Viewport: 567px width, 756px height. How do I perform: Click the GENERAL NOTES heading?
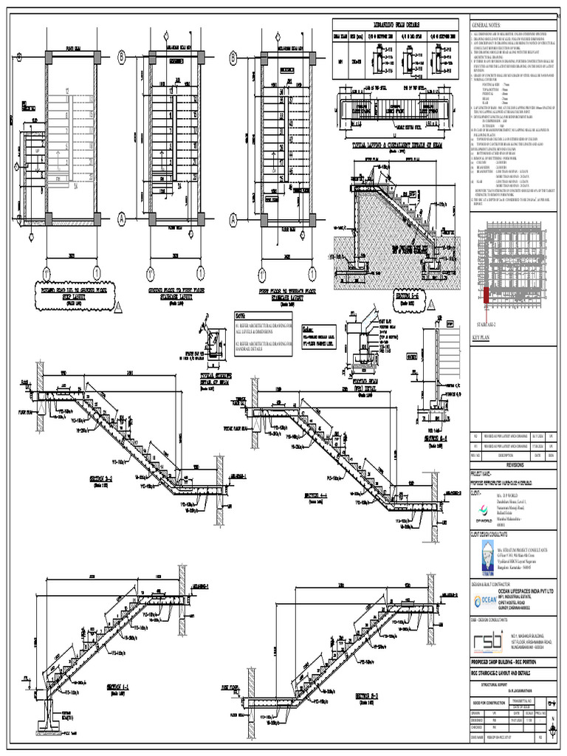[x=488, y=26]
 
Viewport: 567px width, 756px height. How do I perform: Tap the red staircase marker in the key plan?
[x=487, y=295]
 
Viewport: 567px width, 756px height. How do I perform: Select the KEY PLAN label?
[x=481, y=337]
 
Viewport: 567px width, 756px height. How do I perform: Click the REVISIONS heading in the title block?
[x=515, y=466]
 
